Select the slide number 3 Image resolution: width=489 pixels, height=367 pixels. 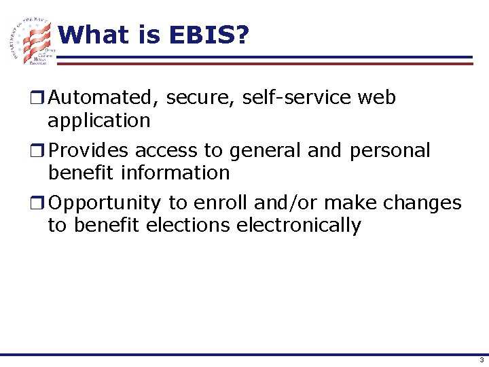[480, 360]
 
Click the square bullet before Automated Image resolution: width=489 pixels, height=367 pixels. [41, 99]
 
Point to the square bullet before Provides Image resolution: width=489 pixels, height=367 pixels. [41, 151]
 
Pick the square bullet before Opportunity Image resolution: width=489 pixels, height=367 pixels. [41, 203]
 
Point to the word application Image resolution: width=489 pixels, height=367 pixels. [99, 121]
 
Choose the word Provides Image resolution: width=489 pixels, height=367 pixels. [89, 150]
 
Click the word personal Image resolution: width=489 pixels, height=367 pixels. [390, 150]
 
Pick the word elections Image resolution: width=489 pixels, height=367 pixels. [187, 225]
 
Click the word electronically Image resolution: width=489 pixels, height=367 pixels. [299, 226]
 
